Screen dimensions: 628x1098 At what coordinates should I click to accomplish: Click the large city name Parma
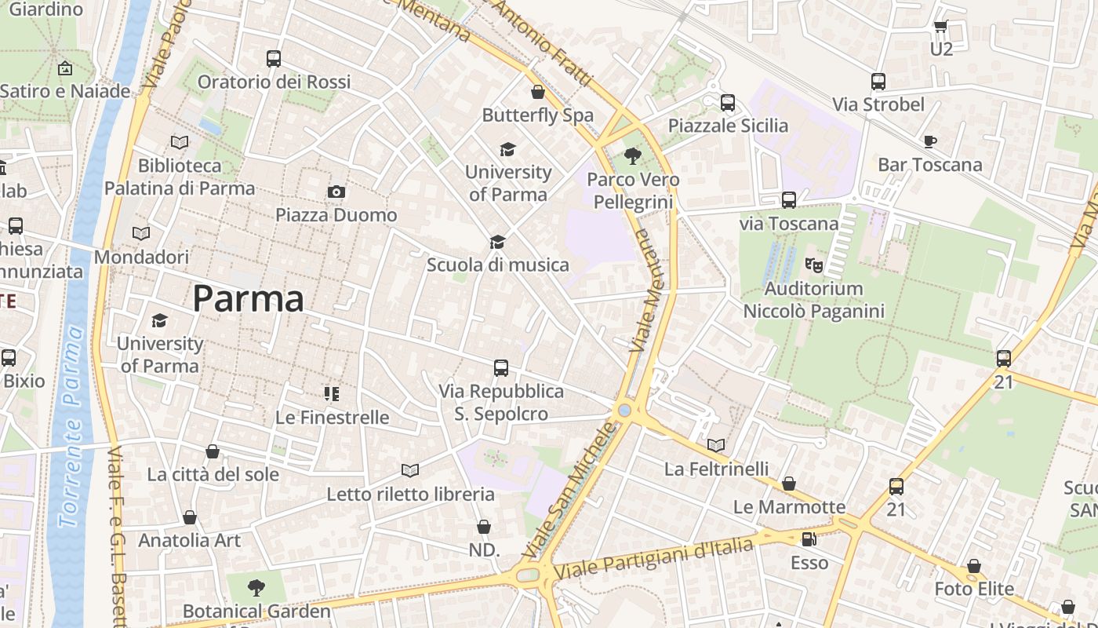[x=248, y=299]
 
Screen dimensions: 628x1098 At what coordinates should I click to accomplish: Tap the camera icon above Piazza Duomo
[x=336, y=192]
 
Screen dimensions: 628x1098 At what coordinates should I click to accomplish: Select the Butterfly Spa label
[x=537, y=115]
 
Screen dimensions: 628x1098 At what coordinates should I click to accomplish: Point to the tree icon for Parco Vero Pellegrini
[x=632, y=156]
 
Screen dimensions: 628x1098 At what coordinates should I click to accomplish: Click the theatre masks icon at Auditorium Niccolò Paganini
[x=814, y=265]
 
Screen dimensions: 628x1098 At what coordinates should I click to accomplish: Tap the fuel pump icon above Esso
[x=809, y=539]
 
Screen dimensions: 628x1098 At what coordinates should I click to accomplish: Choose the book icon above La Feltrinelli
[x=715, y=446]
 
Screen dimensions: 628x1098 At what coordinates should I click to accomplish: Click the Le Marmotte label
[x=789, y=507]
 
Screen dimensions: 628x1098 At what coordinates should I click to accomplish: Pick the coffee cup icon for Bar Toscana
[x=929, y=141]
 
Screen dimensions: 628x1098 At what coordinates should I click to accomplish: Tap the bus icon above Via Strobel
[x=878, y=81]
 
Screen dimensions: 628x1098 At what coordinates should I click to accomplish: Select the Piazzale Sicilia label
[x=728, y=126]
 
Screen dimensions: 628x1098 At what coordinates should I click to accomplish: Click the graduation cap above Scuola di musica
[x=497, y=242]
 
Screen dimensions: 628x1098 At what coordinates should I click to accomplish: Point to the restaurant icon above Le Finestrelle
[x=332, y=393]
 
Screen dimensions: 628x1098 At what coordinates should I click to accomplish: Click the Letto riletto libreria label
[x=410, y=495]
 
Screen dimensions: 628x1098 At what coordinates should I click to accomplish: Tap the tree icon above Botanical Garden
[x=256, y=587]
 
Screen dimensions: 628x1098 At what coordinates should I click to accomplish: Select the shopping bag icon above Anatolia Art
[x=190, y=517]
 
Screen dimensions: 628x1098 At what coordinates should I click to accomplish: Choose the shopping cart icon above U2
[x=940, y=26]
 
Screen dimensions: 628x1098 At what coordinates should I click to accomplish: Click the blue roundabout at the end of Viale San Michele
[x=624, y=411]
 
